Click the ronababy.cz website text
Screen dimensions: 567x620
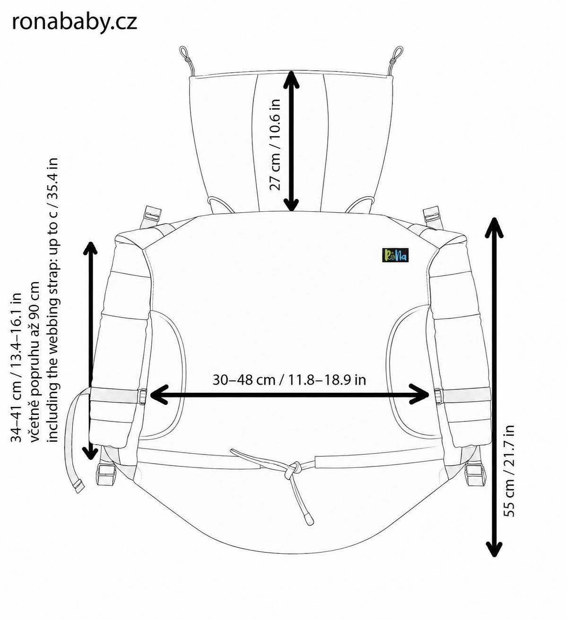pyautogui.click(x=74, y=22)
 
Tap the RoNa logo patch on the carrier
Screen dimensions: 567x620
pyautogui.click(x=395, y=255)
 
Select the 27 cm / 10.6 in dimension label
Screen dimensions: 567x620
pyautogui.click(x=275, y=145)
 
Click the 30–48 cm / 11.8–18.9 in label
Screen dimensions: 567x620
pyautogui.click(x=289, y=379)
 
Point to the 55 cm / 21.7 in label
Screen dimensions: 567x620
pyautogui.click(x=508, y=471)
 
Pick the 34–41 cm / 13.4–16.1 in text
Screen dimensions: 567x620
pyautogui.click(x=16, y=368)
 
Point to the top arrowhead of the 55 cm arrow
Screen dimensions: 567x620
pyautogui.click(x=494, y=227)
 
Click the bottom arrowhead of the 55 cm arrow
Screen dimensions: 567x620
pyautogui.click(x=494, y=548)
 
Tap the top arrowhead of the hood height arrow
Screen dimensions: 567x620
pyautogui.click(x=291, y=80)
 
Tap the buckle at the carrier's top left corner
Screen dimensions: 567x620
pyautogui.click(x=153, y=215)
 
